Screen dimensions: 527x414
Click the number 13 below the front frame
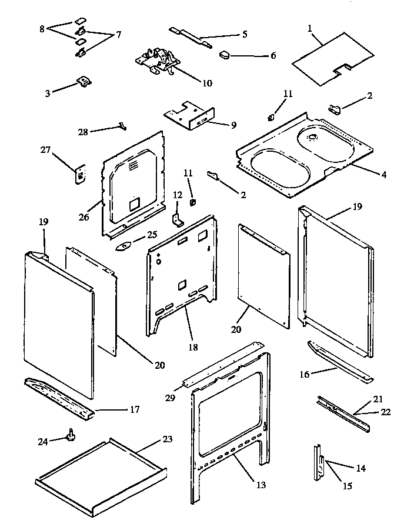pos(261,485)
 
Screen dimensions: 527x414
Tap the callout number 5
pos(245,34)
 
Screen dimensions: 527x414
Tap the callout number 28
pos(83,132)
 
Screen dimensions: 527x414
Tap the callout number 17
pos(135,409)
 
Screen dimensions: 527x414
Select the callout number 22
pos(385,412)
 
